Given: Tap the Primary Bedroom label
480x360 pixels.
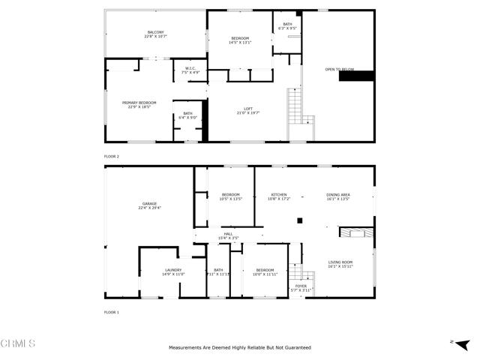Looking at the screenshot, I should pyautogui.click(x=139, y=104).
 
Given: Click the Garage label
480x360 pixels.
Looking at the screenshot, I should pyautogui.click(x=150, y=205).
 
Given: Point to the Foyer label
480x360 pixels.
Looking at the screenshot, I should pyautogui.click(x=300, y=286).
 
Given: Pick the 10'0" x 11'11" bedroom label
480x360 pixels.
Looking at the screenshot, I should pyautogui.click(x=265, y=271).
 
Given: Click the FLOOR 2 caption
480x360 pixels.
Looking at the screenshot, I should pyautogui.click(x=112, y=156).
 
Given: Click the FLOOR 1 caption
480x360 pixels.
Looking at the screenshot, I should pyautogui.click(x=112, y=311).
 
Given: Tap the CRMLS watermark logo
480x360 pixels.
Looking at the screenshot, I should pyautogui.click(x=19, y=343).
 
